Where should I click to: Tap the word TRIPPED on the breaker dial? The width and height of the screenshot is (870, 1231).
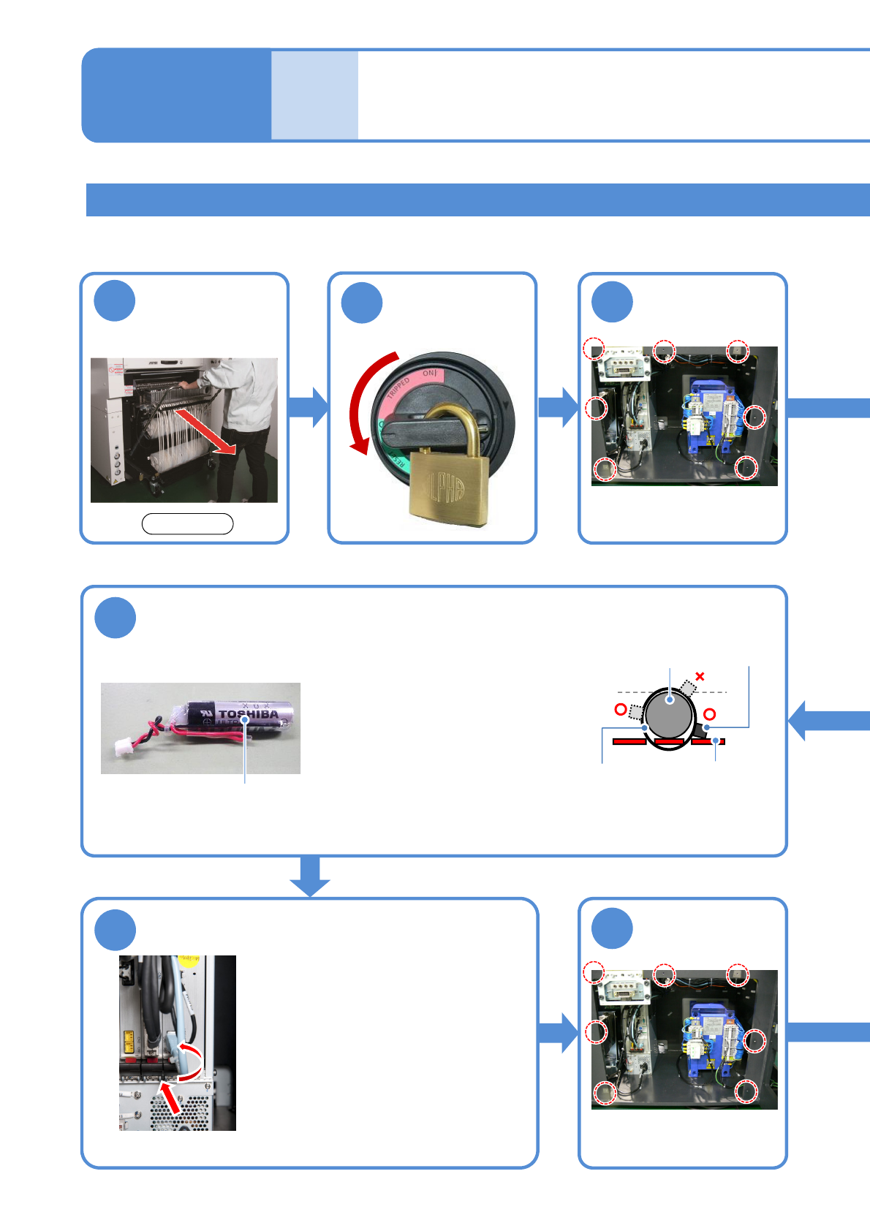[399, 388]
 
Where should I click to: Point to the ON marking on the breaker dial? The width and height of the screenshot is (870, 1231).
[430, 374]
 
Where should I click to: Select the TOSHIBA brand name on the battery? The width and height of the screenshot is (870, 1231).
[249, 713]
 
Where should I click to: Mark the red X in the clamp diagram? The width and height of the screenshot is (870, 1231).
[700, 676]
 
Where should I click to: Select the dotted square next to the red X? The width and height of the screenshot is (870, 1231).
[688, 687]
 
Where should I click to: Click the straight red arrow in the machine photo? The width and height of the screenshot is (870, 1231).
[207, 432]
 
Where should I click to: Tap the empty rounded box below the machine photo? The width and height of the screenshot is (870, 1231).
[187, 523]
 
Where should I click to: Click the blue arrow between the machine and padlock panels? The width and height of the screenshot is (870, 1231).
[309, 407]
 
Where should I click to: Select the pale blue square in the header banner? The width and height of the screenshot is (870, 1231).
[314, 95]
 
